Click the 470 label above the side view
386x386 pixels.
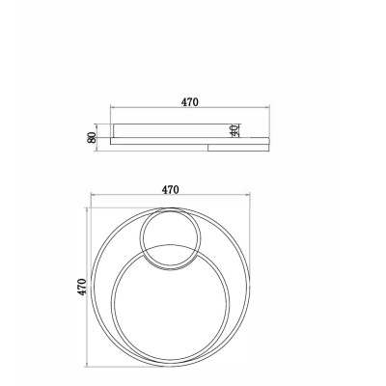[190, 102]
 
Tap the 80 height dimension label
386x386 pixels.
[92, 137]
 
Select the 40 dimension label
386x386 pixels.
[234, 130]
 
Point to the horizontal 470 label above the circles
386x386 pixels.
[170, 190]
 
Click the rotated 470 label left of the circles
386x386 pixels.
[82, 287]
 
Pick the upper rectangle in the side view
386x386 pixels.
[173, 130]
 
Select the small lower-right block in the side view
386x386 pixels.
[238, 148]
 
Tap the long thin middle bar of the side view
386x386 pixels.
[190, 141]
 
